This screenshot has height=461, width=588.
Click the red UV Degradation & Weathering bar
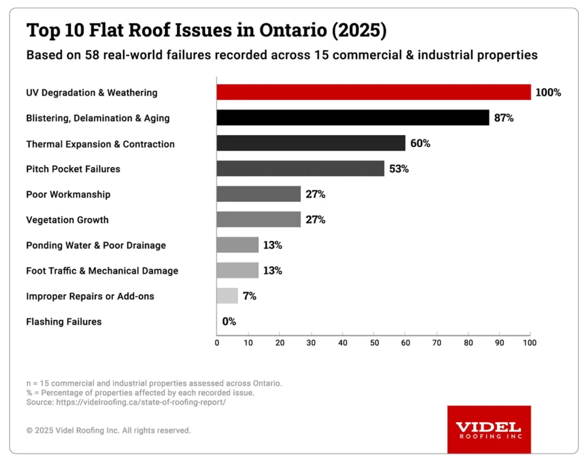click(373, 92)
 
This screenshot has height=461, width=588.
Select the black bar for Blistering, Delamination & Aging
click(353, 118)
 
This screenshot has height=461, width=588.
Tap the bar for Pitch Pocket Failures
click(300, 169)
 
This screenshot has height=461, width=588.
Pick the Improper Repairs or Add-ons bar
click(227, 296)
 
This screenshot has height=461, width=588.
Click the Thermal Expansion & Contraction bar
click(311, 143)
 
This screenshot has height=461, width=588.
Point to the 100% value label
click(548, 92)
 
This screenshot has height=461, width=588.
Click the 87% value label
click(504, 118)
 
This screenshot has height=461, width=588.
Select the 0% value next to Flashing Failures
click(229, 322)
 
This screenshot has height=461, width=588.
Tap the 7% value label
click(249, 296)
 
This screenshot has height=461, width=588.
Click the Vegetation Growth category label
click(68, 220)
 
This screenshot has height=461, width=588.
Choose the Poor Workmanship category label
click(68, 194)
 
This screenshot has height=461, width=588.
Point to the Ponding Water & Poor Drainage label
click(96, 245)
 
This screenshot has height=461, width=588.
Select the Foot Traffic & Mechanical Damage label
click(102, 270)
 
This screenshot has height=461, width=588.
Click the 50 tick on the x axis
click(374, 342)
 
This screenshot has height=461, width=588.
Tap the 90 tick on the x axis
click(499, 342)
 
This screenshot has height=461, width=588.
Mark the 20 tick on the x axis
click(280, 342)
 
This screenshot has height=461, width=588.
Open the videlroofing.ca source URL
click(141, 402)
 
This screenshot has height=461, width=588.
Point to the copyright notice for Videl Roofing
click(109, 430)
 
